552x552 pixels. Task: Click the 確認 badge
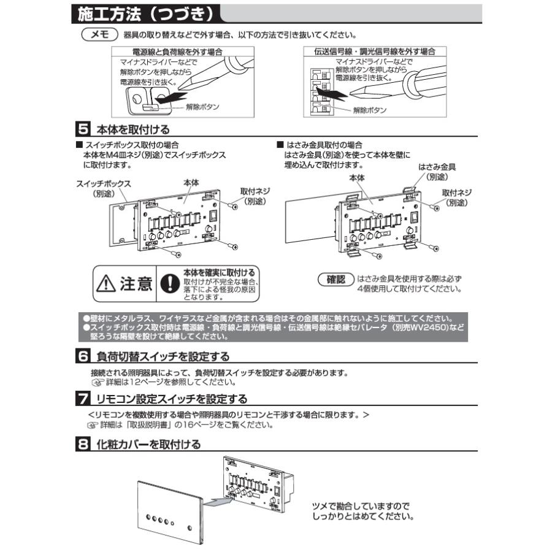pos(335,278)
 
